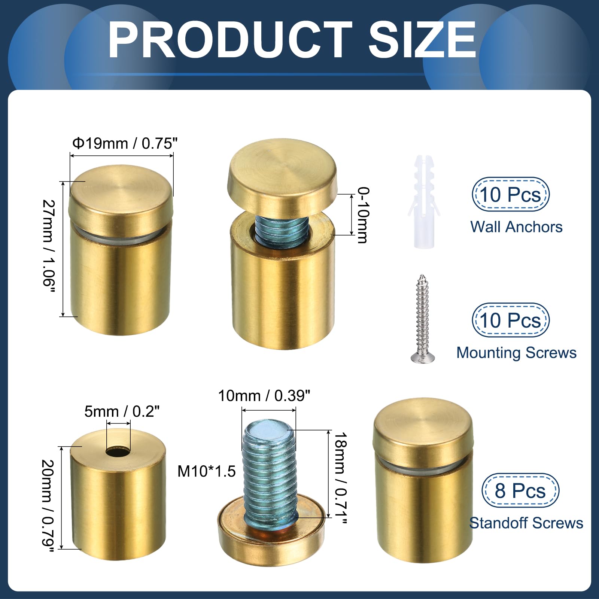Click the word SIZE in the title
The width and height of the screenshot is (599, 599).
click(422, 39)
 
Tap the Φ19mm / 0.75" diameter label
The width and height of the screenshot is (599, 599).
click(125, 143)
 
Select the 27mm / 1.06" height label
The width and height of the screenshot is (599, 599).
click(49, 247)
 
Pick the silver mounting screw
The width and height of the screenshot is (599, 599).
click(423, 319)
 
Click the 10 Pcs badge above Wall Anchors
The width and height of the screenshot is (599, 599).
click(510, 195)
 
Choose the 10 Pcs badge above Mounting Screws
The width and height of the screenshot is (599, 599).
click(510, 320)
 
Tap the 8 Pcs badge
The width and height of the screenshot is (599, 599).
click(520, 490)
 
